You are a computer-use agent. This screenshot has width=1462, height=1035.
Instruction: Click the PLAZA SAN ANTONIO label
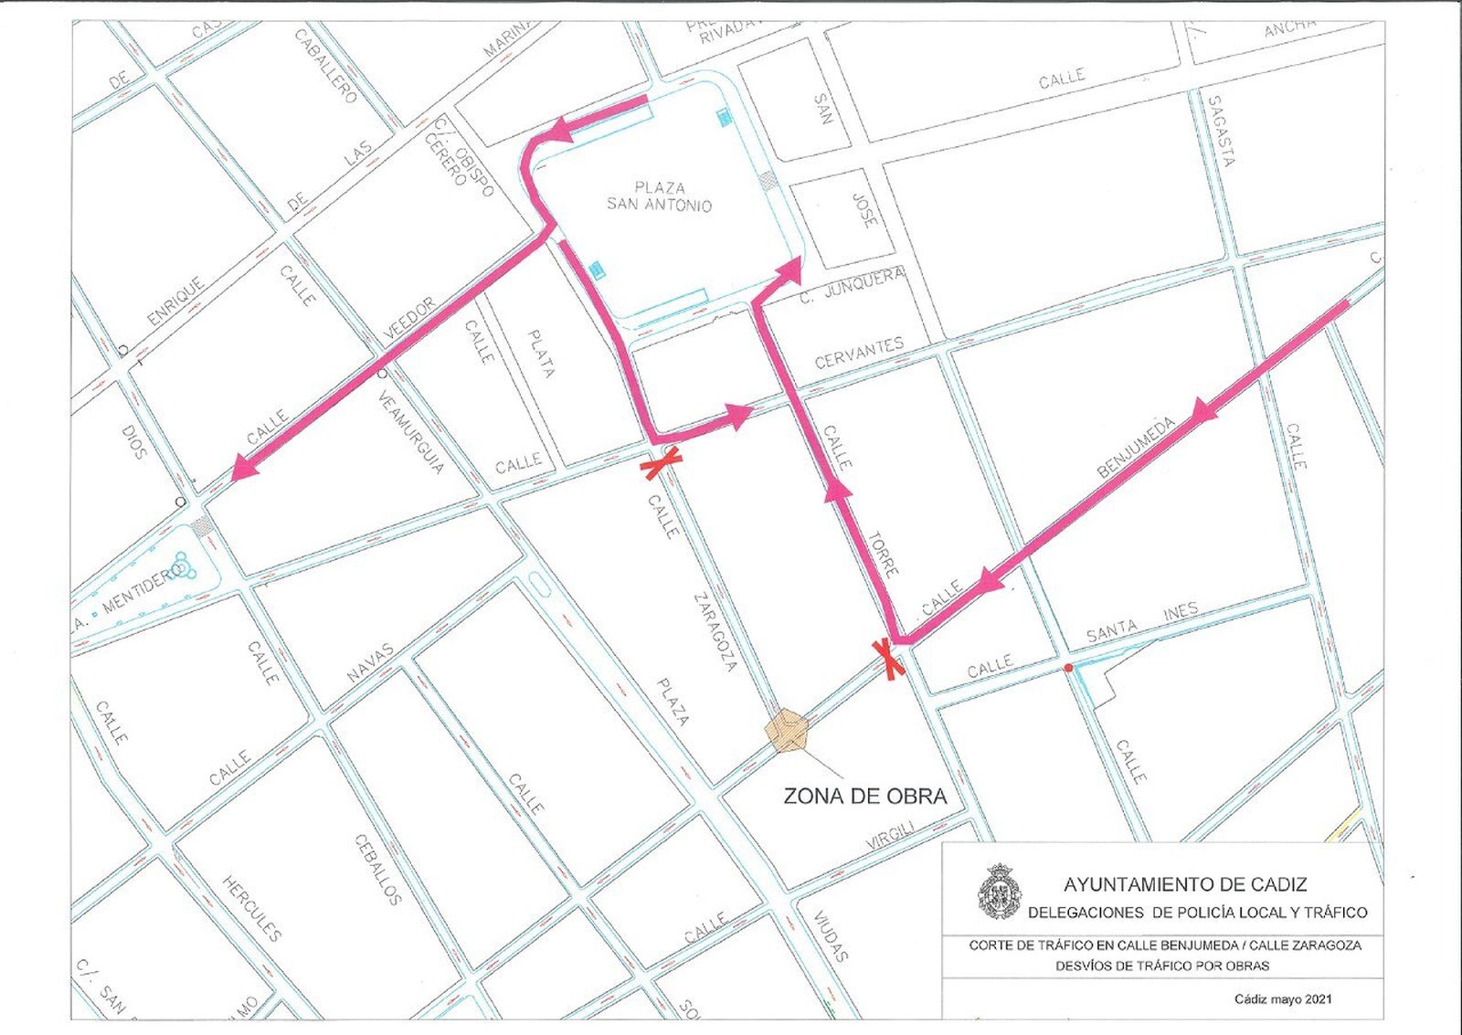[x=659, y=196]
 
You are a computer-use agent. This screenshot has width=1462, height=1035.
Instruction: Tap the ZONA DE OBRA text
[x=864, y=797]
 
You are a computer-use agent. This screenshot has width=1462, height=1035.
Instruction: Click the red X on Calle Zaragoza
[x=662, y=463]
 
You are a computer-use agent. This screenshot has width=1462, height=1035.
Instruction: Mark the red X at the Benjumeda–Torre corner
[x=889, y=660]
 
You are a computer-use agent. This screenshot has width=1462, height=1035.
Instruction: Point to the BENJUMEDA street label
[x=1136, y=448]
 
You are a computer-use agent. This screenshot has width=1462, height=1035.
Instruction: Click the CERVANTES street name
[x=859, y=353]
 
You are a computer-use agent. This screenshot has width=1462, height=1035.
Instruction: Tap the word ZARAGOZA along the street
[x=715, y=632]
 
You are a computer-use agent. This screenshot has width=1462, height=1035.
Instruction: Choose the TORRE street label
[x=883, y=554]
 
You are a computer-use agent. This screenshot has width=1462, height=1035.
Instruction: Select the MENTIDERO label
[x=143, y=590]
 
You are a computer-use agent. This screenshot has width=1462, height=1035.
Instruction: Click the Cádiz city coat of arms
[x=999, y=892]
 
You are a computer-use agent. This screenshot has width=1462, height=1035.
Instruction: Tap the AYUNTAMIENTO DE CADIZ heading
[x=1185, y=884]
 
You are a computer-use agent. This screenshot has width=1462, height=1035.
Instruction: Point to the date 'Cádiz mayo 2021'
[x=1282, y=998]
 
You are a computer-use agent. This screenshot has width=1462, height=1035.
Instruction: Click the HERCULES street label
[x=251, y=908]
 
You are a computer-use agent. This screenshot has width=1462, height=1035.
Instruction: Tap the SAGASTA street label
[x=1221, y=131]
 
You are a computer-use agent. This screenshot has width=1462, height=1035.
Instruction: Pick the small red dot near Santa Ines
[x=1067, y=669]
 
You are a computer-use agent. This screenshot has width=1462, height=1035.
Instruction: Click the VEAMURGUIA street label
[x=410, y=433]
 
